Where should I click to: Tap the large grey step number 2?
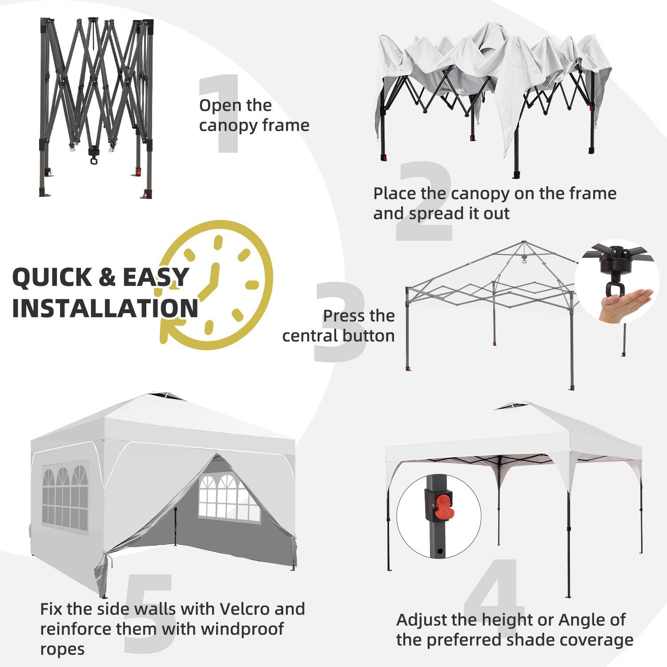pos(425,202)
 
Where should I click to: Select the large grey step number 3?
pos(340,322)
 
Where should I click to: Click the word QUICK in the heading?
pos(52,277)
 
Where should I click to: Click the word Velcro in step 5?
pos(239,609)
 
